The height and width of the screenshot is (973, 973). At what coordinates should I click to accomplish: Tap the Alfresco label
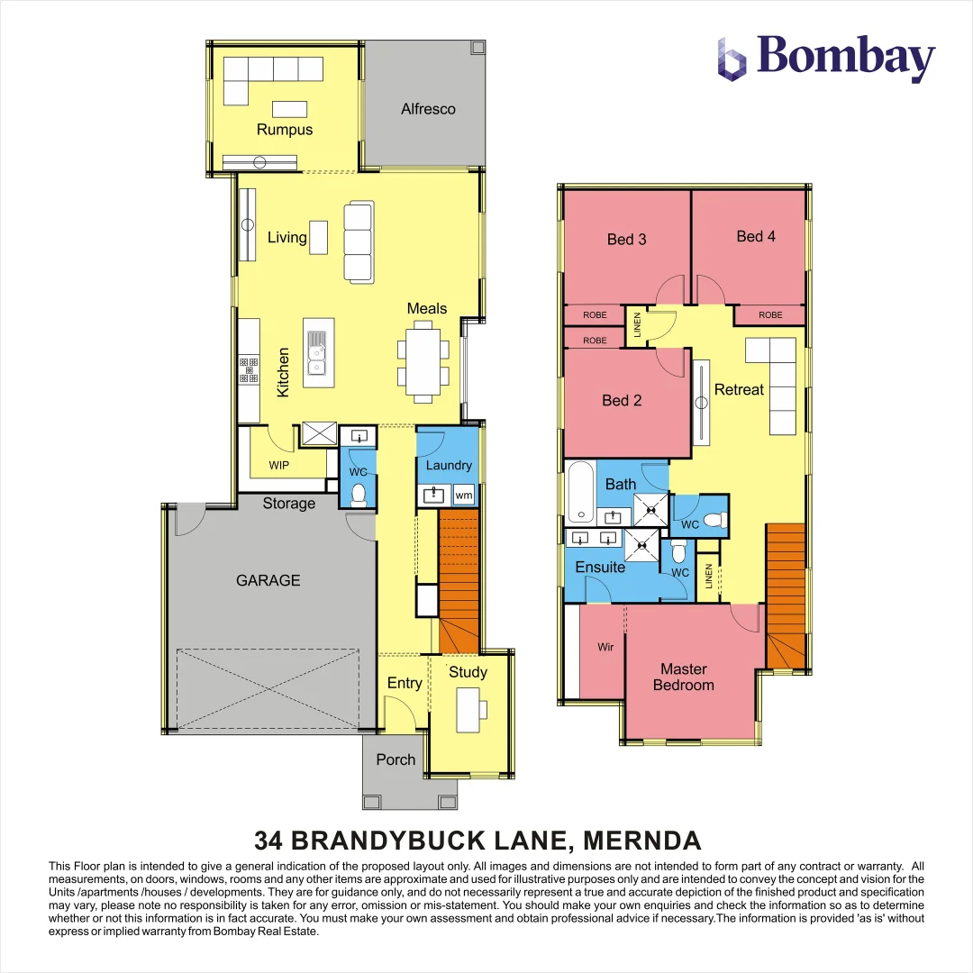(x=428, y=109)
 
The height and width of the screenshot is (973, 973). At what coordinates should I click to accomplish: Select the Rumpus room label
(x=285, y=130)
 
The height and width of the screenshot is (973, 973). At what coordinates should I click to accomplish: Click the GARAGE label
(x=268, y=580)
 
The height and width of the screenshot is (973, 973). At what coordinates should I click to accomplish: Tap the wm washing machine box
(x=464, y=495)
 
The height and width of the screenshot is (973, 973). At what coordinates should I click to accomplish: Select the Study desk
(x=468, y=709)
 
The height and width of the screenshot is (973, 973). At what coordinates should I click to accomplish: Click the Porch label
(x=396, y=759)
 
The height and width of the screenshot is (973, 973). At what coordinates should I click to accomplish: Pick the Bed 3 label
(x=626, y=239)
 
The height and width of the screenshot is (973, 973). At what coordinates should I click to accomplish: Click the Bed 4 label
(x=756, y=236)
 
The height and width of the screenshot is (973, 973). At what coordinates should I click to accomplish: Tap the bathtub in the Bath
(x=580, y=492)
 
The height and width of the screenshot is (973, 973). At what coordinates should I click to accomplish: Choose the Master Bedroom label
(x=687, y=677)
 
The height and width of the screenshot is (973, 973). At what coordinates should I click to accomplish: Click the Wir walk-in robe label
(x=605, y=647)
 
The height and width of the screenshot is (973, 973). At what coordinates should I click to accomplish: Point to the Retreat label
(x=739, y=389)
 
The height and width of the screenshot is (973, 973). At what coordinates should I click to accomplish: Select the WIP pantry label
(x=280, y=466)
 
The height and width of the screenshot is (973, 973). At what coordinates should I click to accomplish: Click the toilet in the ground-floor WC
(x=359, y=494)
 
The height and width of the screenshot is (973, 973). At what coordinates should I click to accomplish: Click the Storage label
(x=289, y=504)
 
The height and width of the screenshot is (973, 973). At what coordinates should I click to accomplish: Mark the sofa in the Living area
(x=358, y=242)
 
